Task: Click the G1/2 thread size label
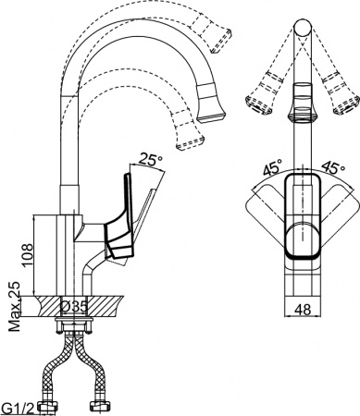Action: (x=20, y=406)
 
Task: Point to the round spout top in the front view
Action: (x=300, y=31)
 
